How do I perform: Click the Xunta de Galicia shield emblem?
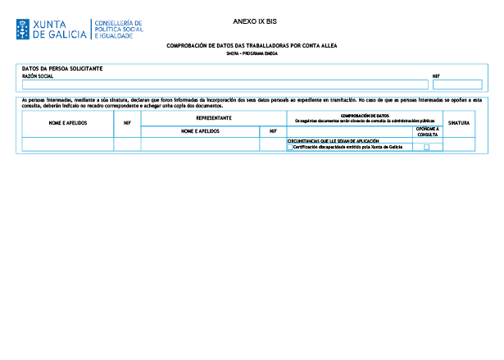pyautogui.click(x=22, y=30)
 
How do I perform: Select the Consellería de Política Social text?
pyautogui.click(x=120, y=30)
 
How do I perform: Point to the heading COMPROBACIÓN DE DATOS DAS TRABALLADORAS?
pyautogui.click(x=252, y=46)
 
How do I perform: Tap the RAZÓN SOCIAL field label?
pyautogui.click(x=37, y=75)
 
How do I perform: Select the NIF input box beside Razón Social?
pyautogui.click(x=456, y=84)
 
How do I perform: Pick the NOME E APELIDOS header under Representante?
pyautogui.click(x=201, y=130)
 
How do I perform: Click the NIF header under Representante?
pyautogui.click(x=272, y=130)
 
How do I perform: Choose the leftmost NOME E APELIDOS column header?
pyautogui.click(x=68, y=123)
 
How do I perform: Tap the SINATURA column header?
pyautogui.click(x=459, y=123)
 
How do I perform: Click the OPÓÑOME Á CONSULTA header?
pyautogui.click(x=427, y=131)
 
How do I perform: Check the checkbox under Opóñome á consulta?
pyautogui.click(x=426, y=148)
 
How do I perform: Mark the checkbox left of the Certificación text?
pyautogui.click(x=289, y=148)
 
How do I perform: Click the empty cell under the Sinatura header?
pyautogui.click(x=459, y=144)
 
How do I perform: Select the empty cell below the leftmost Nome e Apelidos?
pyautogui.click(x=68, y=144)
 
